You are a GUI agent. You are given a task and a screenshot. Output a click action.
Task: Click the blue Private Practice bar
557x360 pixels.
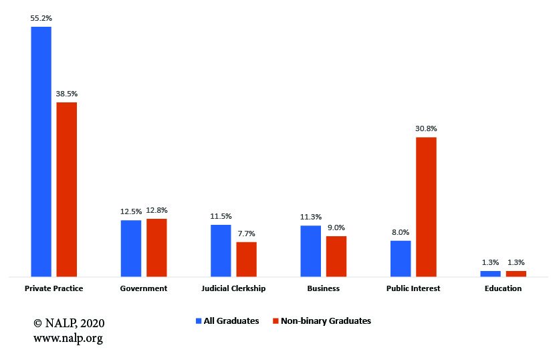coord(41,151)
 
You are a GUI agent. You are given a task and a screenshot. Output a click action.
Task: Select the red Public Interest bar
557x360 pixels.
coord(426,206)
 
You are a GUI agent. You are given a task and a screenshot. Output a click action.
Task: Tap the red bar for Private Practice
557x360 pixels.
coord(66,189)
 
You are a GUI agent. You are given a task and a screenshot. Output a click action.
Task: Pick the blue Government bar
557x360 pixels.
coord(131,248)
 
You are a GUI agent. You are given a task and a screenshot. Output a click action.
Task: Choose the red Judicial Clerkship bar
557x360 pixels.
coord(246,258)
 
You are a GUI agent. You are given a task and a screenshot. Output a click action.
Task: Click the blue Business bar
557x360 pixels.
coord(311,250)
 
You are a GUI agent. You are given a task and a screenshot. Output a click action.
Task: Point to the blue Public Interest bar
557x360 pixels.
coord(401,258)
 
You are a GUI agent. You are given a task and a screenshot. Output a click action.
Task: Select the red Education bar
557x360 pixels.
coord(516,273)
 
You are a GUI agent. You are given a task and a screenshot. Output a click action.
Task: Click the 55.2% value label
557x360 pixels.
coord(41,19)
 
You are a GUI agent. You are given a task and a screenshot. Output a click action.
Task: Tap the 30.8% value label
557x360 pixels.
coord(426,128)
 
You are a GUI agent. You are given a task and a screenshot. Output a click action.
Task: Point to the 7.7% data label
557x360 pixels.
coord(246,234)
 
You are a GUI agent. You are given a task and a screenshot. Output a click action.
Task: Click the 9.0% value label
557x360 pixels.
coord(336,228)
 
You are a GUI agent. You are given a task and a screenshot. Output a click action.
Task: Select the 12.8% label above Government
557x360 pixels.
coord(156,211)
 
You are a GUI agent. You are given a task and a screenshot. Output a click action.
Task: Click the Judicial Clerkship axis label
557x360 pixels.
coord(233,288)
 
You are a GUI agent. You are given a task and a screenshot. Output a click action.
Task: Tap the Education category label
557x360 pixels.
coord(503,288)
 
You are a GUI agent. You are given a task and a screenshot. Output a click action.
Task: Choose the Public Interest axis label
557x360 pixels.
coord(413,288)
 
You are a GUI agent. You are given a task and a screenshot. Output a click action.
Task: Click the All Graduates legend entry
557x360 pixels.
coord(227,321)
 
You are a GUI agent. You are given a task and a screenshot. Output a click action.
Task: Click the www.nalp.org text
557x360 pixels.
coord(68,338)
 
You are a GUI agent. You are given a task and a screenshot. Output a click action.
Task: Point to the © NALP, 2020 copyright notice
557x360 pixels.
coord(69,323)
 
